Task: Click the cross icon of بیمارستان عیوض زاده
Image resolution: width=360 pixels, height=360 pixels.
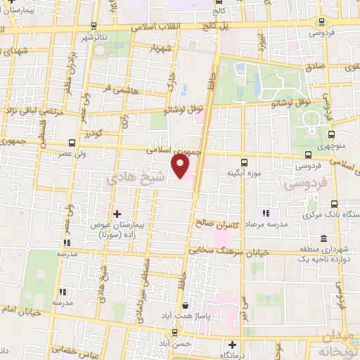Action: point(117,212)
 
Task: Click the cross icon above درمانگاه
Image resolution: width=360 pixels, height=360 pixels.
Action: point(233,345)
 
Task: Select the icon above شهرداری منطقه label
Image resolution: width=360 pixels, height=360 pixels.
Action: point(323,238)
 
